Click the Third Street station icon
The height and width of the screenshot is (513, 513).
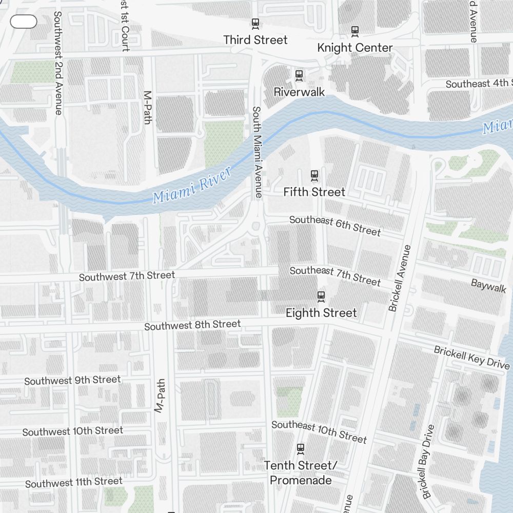[x=255, y=24]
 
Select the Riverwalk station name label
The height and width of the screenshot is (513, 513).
[x=299, y=92]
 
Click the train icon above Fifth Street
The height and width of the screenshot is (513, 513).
[x=314, y=176]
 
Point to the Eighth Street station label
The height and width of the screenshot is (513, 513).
[x=321, y=312]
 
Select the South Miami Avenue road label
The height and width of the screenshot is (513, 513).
[x=258, y=152]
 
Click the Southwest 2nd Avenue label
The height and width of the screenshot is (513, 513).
[x=58, y=63]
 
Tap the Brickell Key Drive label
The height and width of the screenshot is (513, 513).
[x=471, y=357]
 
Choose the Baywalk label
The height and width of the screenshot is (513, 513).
[x=488, y=286]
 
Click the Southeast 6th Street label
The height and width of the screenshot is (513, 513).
[x=335, y=226]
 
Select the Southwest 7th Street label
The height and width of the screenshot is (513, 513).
[x=127, y=276]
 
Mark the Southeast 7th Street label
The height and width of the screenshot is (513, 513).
[x=335, y=275]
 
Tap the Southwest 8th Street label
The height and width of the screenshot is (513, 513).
[x=192, y=325]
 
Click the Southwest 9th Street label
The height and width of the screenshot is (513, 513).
[x=72, y=380]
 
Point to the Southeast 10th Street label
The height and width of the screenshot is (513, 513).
[x=319, y=431]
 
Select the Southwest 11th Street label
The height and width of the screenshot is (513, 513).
[x=74, y=482]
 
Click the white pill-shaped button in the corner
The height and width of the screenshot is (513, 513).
[x=24, y=22]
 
